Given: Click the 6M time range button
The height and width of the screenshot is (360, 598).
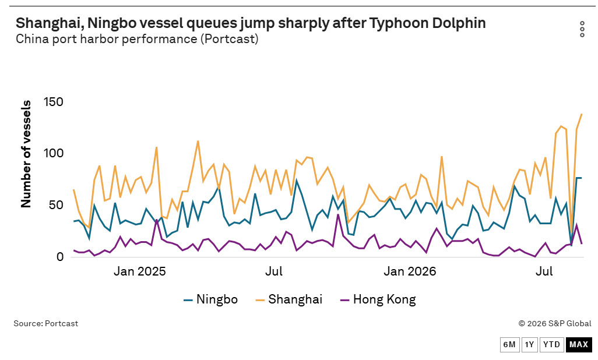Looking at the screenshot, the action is pos(509,345).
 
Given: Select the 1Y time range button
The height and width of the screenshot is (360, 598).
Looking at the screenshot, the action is pos(529,345).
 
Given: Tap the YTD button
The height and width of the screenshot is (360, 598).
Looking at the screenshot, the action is pos(551,345).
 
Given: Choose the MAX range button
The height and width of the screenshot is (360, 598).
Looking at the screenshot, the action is pos(579,345).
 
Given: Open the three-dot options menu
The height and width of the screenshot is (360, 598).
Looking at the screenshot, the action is pos(582,29).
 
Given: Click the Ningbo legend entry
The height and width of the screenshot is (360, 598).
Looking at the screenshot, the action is pos(210,299).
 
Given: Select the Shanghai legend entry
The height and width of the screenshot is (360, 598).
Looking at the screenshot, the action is pos(289,299).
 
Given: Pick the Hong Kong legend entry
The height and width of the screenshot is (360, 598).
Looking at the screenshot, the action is pos(378,299).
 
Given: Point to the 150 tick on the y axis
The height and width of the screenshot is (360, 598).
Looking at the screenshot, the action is pos(54,102).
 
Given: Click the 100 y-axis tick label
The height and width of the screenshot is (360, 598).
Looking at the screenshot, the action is pos(54,153).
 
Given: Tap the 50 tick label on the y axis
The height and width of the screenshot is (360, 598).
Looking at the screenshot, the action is pos(57,205).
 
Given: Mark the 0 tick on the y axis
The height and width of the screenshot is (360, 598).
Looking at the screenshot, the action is pos(60,257).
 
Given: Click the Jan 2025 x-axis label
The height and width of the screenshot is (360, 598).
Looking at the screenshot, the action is pos(139,271).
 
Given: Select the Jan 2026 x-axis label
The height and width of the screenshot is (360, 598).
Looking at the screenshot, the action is pos(410,271).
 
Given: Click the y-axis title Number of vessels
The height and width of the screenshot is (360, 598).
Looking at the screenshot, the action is pos(26,154).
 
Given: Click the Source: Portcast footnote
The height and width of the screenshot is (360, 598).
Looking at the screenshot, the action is pos(46,323).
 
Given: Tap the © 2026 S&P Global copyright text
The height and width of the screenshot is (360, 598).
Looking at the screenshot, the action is pos(555,323).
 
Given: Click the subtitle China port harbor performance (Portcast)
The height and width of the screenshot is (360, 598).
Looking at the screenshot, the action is pos(137,39).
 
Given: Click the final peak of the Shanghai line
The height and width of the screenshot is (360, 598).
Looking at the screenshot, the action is pos(582,114).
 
